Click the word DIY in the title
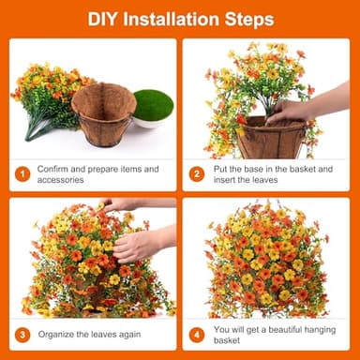[x=102, y=19]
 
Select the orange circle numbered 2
[x=197, y=173]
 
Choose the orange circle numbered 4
[x=197, y=333]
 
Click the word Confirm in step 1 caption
[x=53, y=169]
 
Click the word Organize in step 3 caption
[x=57, y=333]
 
